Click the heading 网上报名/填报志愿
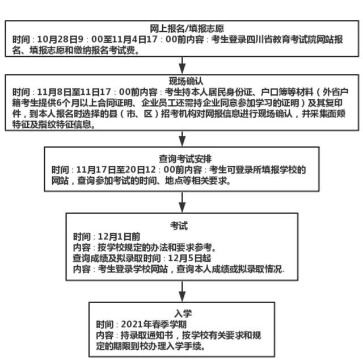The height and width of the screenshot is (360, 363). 187,28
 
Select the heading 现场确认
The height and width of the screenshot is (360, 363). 186,81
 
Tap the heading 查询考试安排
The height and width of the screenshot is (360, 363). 185,159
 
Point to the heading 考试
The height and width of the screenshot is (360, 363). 179,225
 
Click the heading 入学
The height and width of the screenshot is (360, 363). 183,313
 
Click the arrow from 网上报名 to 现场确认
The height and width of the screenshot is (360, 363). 182,66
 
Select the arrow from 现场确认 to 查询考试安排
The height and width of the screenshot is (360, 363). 182,139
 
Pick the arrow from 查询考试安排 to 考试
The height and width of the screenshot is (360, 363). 182,202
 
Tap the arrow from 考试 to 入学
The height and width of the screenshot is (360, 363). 182,291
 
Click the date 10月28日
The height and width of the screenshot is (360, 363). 60,39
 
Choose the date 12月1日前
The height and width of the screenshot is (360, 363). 119,237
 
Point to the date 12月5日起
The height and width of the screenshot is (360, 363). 189,258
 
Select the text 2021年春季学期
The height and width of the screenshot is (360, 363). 154,324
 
